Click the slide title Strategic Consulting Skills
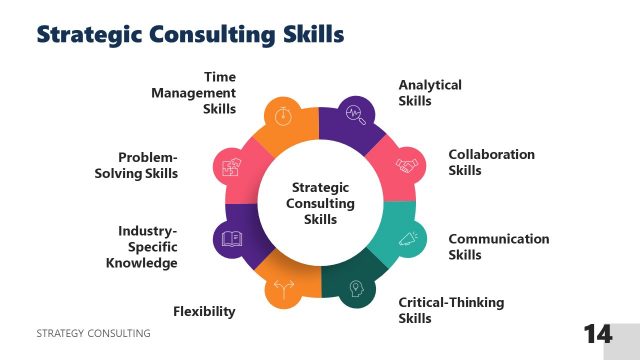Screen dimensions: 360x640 190,35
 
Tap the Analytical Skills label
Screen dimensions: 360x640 430,93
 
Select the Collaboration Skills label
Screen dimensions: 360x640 491,162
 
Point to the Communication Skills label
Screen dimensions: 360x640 498,246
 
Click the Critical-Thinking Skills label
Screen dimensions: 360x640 451,310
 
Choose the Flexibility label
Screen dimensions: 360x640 204,311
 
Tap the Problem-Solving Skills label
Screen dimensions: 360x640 148,165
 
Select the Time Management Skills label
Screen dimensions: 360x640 194,92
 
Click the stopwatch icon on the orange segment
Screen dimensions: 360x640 283,115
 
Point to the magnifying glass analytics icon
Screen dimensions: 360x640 355,115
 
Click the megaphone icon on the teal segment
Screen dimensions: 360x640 408,239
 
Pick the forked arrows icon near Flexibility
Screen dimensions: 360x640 283,290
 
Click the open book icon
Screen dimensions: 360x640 232,239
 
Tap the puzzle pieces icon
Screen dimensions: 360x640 231,166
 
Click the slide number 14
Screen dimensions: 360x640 598,334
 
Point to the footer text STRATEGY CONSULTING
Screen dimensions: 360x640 92,332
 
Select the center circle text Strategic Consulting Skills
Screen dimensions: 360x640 320,203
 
